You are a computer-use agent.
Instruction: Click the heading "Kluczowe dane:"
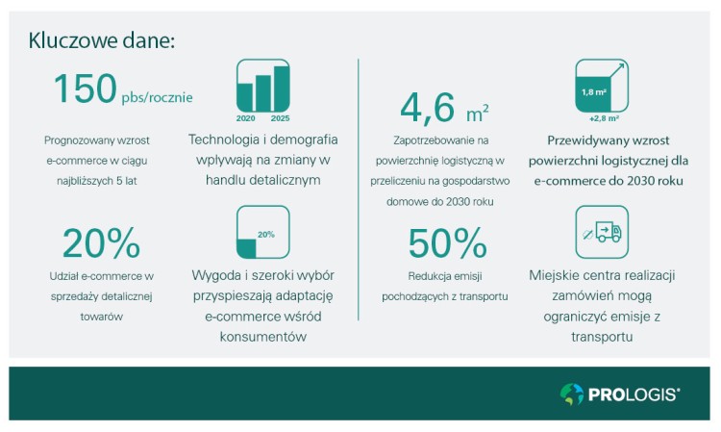102,40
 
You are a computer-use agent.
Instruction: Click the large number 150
85,90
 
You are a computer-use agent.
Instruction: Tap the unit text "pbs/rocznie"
157,97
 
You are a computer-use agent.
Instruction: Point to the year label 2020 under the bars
245,117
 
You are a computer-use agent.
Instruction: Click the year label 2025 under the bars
280,117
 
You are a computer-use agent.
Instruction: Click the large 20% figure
101,243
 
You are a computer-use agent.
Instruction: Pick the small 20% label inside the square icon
266,234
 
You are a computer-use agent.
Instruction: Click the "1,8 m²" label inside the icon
593,92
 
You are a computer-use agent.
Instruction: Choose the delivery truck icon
602,232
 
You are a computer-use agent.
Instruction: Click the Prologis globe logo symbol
571,394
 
